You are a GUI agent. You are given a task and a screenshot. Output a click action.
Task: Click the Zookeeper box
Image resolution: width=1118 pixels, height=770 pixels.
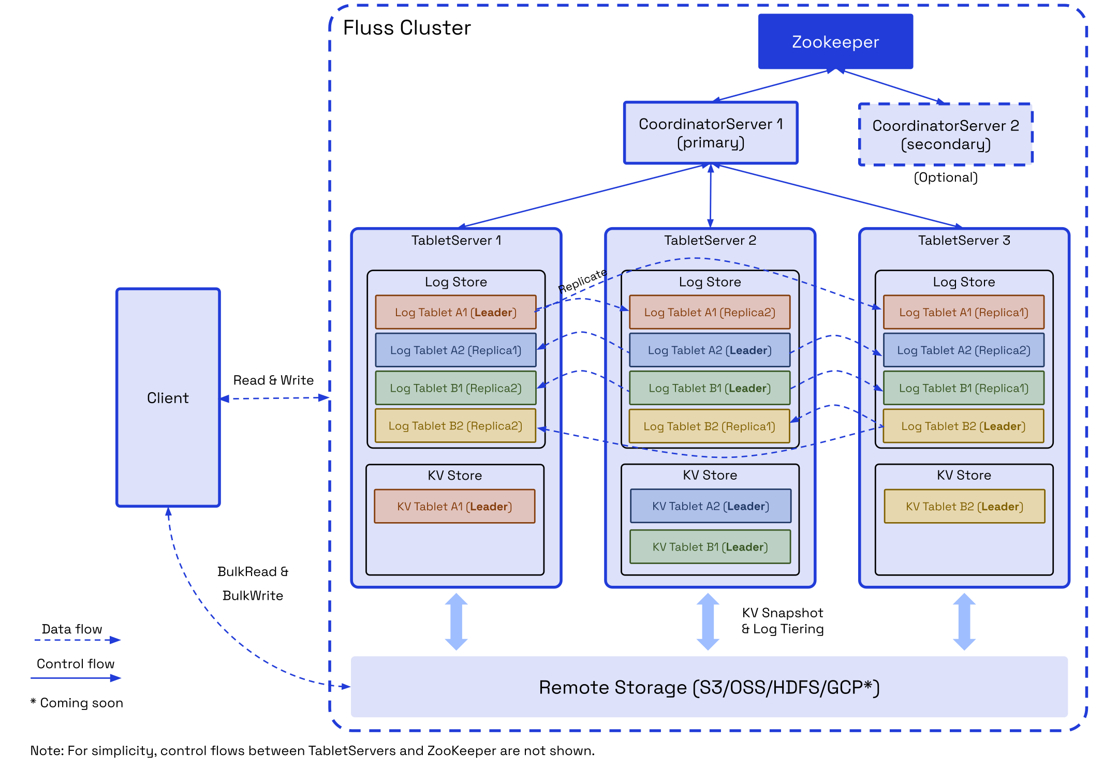click(835, 41)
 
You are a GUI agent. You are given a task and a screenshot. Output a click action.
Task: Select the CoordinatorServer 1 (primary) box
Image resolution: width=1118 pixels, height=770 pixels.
click(710, 133)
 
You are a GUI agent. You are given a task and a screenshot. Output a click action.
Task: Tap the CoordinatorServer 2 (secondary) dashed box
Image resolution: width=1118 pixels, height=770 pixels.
click(945, 135)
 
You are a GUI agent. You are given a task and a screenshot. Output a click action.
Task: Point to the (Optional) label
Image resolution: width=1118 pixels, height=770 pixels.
click(945, 177)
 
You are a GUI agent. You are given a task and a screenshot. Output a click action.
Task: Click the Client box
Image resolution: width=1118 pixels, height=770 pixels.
click(168, 397)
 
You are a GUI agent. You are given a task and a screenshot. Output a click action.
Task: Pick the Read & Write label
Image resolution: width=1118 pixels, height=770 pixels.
click(273, 380)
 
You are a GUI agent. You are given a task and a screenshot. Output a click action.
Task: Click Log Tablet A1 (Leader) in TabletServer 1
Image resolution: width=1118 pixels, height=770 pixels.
click(455, 312)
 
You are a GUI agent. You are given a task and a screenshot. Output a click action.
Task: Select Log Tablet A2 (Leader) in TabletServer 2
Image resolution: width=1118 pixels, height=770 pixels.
click(709, 350)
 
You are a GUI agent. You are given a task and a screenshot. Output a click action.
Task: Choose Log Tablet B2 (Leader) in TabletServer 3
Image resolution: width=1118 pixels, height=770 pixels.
click(963, 426)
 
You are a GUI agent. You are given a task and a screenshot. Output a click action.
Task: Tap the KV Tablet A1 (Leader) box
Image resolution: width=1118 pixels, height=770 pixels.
click(454, 506)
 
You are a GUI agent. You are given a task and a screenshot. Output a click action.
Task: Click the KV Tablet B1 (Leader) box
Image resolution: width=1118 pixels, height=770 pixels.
click(710, 546)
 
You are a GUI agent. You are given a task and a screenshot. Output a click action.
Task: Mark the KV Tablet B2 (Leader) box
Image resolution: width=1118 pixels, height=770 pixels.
click(964, 506)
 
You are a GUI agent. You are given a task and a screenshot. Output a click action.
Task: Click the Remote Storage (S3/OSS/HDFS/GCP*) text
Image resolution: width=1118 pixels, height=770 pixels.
click(709, 687)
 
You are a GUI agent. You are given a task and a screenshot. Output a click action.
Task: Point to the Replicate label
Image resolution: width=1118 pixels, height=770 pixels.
click(582, 280)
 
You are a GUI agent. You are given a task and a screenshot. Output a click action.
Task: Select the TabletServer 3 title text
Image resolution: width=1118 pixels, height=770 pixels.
click(964, 240)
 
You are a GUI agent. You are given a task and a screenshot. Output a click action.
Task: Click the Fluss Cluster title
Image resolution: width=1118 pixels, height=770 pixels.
click(407, 28)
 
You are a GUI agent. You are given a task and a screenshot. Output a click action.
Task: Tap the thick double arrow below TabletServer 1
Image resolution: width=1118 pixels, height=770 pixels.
click(456, 621)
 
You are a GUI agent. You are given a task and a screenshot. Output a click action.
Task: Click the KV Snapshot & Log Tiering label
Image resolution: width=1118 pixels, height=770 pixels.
click(782, 621)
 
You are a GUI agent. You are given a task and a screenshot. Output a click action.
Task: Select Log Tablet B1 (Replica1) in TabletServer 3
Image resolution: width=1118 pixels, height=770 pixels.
click(963, 388)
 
